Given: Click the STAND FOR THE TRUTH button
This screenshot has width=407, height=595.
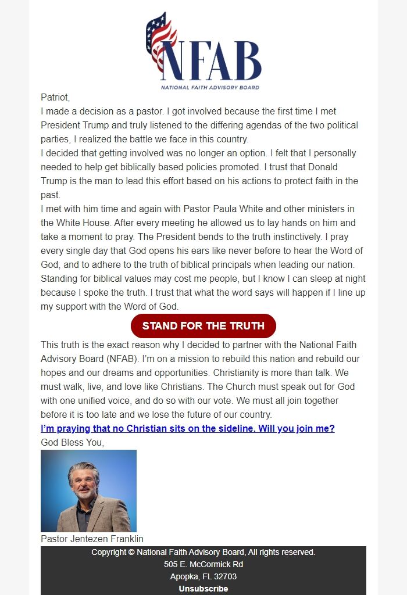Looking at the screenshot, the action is pyautogui.click(x=203, y=326).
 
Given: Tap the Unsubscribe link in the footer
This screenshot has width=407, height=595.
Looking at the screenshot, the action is pyautogui.click(x=203, y=589).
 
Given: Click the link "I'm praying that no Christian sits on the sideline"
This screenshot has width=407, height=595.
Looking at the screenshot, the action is pyautogui.click(x=187, y=429).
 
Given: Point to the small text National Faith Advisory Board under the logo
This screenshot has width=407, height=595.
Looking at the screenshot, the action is pyautogui.click(x=210, y=88).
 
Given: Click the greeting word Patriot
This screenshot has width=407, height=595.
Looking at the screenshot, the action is pyautogui.click(x=55, y=97).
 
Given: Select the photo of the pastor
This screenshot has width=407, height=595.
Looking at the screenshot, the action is pyautogui.click(x=88, y=491).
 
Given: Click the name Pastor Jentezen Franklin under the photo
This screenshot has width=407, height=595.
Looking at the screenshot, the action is pyautogui.click(x=92, y=539).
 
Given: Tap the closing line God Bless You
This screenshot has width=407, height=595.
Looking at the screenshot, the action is pyautogui.click(x=72, y=443).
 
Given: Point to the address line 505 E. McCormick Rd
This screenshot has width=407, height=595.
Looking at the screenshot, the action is pyautogui.click(x=203, y=564).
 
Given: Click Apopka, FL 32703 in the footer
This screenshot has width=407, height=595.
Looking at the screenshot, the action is pyautogui.click(x=203, y=576).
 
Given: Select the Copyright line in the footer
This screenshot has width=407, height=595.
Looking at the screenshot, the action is pyautogui.click(x=203, y=552).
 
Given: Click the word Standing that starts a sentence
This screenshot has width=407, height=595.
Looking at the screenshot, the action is pyautogui.click(x=60, y=278).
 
